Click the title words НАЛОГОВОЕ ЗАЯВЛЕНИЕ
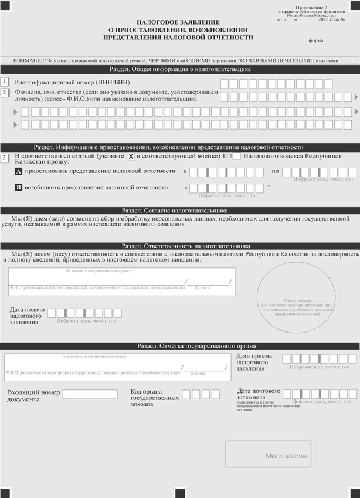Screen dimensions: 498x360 tap(178, 22)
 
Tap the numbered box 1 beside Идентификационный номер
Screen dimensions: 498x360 tap(5, 82)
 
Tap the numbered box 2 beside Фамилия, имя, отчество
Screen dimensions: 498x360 tap(5, 93)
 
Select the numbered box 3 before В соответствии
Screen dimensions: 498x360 tap(5, 157)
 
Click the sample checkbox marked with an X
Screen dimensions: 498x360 tap(131, 157)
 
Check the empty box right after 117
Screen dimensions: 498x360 tap(236, 156)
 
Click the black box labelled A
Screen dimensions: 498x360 tap(18, 171)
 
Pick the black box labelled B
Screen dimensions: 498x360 tap(18, 188)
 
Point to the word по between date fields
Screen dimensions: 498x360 tap(275, 171)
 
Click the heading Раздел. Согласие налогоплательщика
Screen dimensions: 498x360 tap(175, 210)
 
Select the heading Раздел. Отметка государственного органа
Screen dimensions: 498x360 tap(196, 346)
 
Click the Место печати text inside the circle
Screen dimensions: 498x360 tap(296, 300)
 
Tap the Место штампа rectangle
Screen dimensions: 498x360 tap(268, 455)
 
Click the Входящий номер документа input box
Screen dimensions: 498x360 tap(90, 394)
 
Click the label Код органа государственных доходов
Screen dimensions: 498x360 tap(154, 398)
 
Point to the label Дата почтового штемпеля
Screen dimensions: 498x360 tap(259, 394)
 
